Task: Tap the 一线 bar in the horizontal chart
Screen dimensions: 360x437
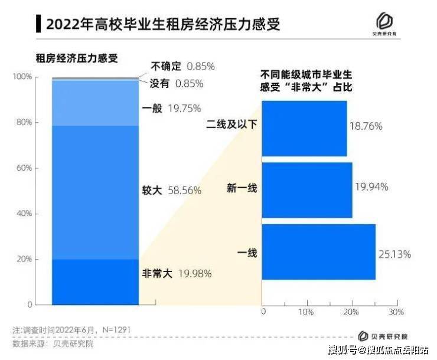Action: (x=318, y=252)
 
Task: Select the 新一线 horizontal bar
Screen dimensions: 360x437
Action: (x=306, y=190)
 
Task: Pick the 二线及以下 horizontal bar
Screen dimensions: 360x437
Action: (x=304, y=128)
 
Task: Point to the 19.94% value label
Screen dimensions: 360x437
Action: (x=371, y=187)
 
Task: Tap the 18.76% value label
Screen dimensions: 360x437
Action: (x=366, y=126)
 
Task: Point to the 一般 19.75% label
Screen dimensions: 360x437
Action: (x=172, y=108)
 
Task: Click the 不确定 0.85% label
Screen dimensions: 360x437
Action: (x=182, y=66)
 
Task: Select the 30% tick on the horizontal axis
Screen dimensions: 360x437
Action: (x=396, y=311)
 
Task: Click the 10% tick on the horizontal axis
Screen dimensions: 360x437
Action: (x=306, y=311)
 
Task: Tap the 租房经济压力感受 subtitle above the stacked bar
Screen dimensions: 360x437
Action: (x=77, y=58)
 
